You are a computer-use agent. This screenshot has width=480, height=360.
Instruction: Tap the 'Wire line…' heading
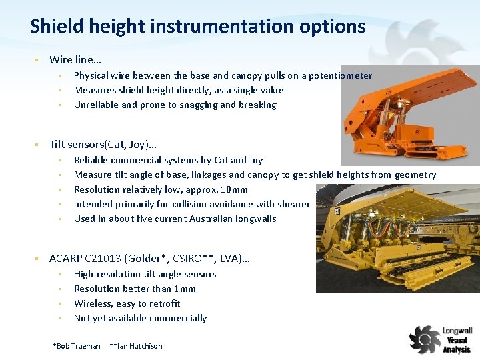tap(75, 60)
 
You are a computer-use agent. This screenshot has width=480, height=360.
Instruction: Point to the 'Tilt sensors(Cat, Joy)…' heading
tap(103, 144)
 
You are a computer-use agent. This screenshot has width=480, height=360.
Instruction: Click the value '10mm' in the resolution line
tap(235, 189)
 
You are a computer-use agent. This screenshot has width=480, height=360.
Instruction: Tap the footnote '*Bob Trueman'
tap(76, 346)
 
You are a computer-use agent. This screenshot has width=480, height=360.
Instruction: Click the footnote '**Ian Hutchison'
tap(135, 346)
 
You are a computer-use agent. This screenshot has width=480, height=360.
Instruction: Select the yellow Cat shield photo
tap(398, 237)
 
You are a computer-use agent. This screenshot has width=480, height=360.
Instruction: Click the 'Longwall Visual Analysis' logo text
tap(457, 340)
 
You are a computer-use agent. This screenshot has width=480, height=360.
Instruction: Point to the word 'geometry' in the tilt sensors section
tap(415, 175)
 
